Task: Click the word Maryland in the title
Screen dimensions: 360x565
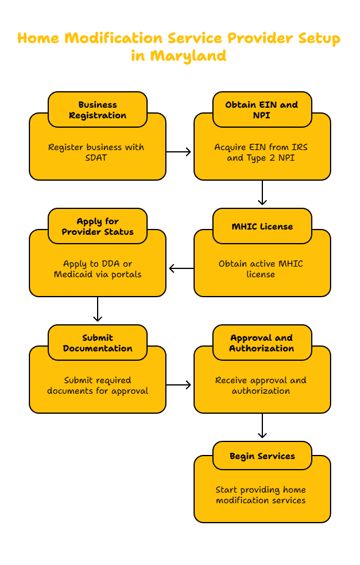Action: pos(188,56)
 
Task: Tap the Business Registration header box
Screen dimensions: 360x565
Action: pos(98,109)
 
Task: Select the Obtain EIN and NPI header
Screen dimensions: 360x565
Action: pos(262,109)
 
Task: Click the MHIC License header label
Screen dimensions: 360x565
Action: pos(262,226)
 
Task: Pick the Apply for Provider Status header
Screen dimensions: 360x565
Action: pos(98,226)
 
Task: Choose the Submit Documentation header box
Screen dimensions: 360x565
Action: pos(98,343)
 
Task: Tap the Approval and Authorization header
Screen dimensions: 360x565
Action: pos(262,343)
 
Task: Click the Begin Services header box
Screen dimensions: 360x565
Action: pos(262,456)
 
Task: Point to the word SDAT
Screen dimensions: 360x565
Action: pos(96,158)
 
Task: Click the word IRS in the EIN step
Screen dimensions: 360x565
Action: pos(299,147)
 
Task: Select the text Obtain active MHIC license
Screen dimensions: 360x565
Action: pos(261,269)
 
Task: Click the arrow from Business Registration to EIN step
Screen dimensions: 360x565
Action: pos(179,152)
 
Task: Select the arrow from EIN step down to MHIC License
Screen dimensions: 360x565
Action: pos(262,193)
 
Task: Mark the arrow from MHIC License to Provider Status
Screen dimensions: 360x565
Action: pos(181,268)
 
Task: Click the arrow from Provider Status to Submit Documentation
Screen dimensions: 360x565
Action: pos(98,309)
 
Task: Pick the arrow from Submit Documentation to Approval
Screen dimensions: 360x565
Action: pos(179,385)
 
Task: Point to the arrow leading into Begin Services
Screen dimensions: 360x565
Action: pos(262,426)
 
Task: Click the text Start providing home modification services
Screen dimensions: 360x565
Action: pos(261,495)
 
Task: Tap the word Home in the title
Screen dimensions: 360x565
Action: pos(38,38)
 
